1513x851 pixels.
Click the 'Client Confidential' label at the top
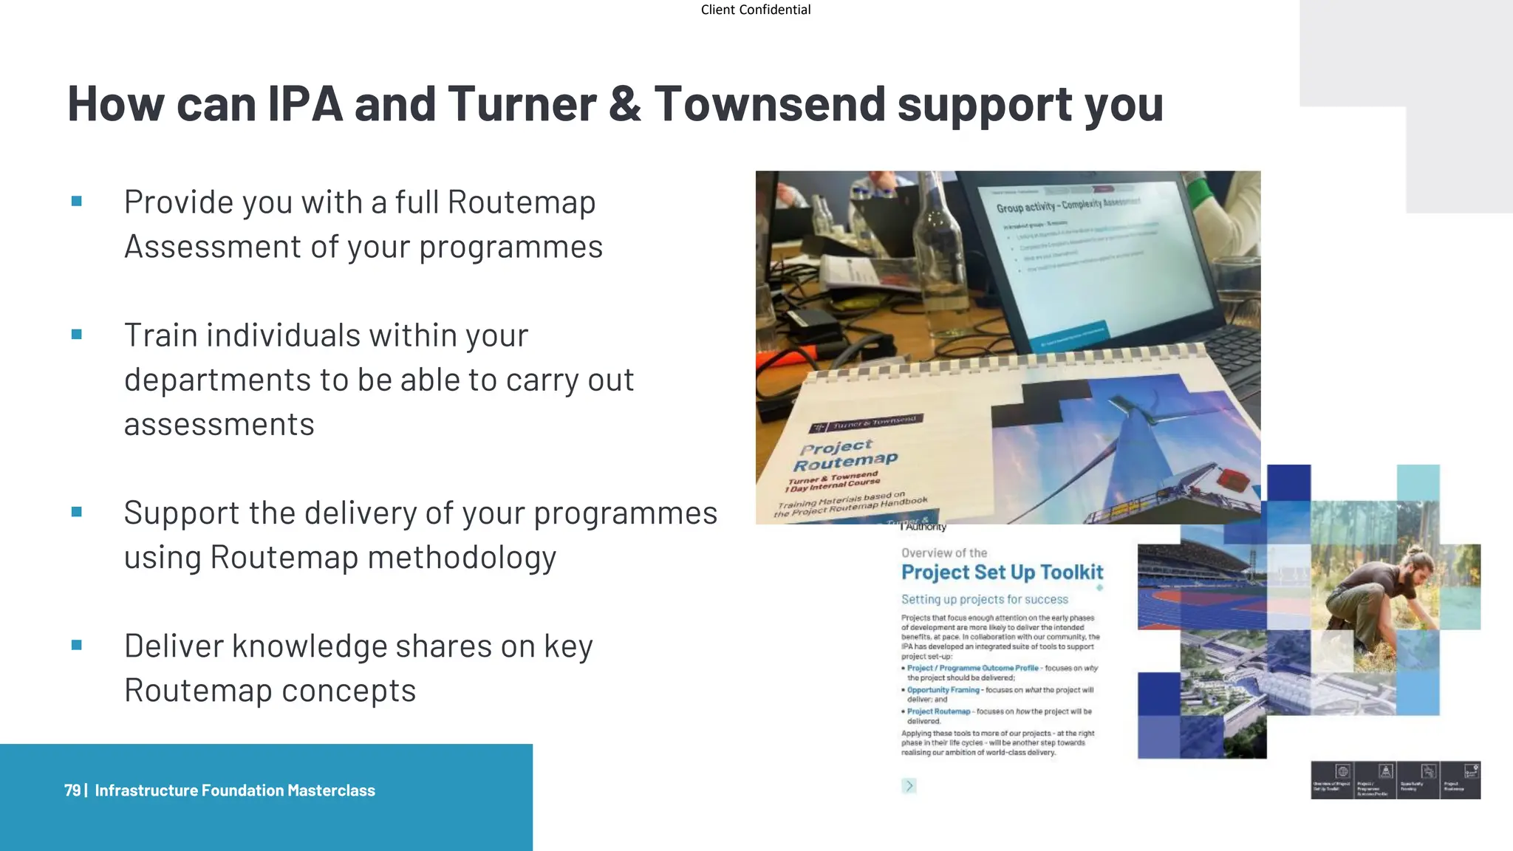pyautogui.click(x=755, y=10)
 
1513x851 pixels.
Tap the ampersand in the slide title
pyautogui.click(x=625, y=104)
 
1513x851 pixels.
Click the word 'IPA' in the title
pyautogui.click(x=304, y=104)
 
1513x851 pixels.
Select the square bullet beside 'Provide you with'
pyautogui.click(x=77, y=201)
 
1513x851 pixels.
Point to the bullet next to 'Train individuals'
pyautogui.click(x=77, y=335)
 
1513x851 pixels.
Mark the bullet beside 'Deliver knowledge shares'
pyautogui.click(x=77, y=645)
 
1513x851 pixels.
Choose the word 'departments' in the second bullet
pyautogui.click(x=216, y=380)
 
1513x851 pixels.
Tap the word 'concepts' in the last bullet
pyautogui.click(x=349, y=691)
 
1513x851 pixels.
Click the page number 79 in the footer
pyautogui.click(x=72, y=790)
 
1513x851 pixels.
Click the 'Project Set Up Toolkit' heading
pyautogui.click(x=1002, y=573)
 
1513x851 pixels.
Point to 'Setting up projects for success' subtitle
pyautogui.click(x=984, y=599)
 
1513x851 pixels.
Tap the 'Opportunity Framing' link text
pyautogui.click(x=943, y=690)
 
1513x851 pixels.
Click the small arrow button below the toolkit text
pyautogui.click(x=909, y=786)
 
